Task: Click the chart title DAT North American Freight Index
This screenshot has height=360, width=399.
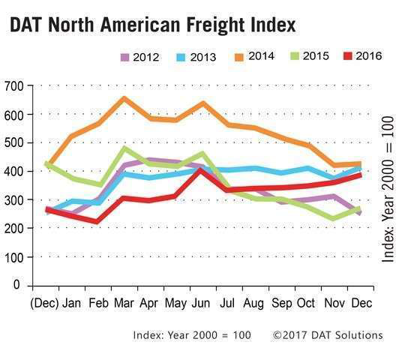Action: pyautogui.click(x=152, y=25)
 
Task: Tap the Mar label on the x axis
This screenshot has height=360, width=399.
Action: pyautogui.click(x=124, y=304)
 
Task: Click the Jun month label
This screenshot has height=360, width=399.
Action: pyautogui.click(x=200, y=304)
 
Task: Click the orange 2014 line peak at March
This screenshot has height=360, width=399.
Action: pyautogui.click(x=124, y=98)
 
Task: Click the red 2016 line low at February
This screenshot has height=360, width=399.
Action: pyautogui.click(x=98, y=221)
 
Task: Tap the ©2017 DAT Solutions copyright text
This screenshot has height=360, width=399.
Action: pyautogui.click(x=327, y=334)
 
